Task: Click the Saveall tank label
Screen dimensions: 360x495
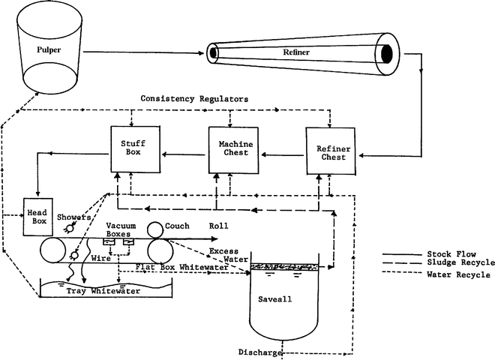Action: point(283,298)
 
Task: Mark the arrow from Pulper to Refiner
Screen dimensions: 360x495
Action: point(142,53)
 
